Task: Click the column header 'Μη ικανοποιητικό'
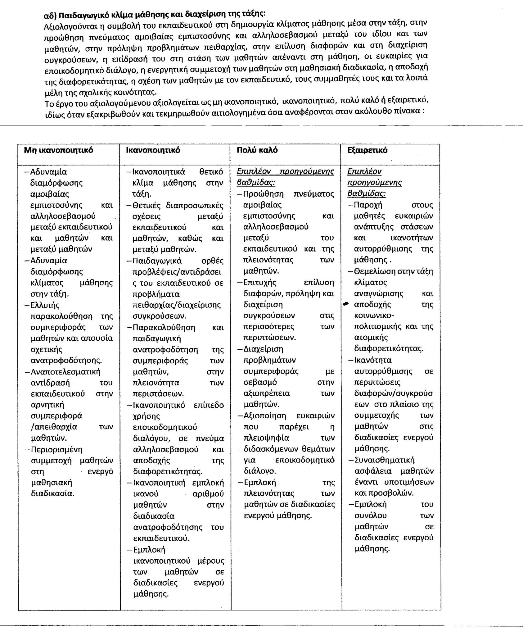tap(59, 151)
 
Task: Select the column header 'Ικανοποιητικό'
tap(153, 150)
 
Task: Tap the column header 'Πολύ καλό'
tap(257, 150)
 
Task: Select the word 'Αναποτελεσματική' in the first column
tap(65, 372)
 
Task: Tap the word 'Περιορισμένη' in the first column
tap(56, 449)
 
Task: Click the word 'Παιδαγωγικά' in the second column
tap(157, 261)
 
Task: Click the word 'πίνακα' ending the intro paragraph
tap(409, 111)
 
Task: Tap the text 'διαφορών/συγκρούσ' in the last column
tap(394, 393)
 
